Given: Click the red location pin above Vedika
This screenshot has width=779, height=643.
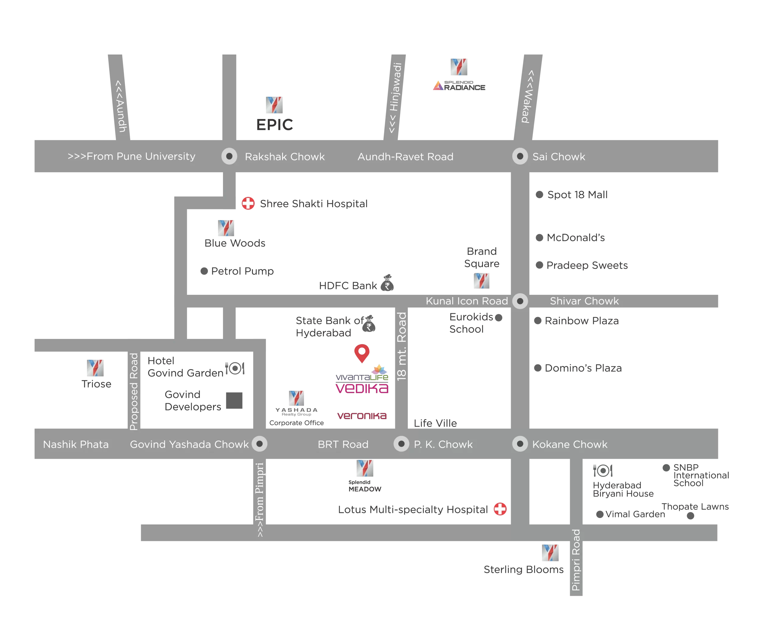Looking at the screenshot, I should click(362, 353).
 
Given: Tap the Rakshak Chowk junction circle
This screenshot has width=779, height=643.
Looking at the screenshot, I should click(229, 156).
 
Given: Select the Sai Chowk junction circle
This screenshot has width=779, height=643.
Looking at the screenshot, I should click(520, 156).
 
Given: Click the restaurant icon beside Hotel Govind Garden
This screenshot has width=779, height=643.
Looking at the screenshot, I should click(235, 368).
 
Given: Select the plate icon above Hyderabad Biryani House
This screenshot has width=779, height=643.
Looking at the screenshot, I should click(603, 470).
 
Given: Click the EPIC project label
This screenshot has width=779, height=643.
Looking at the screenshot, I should click(274, 125).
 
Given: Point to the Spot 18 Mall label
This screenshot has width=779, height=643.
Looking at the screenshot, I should click(577, 195).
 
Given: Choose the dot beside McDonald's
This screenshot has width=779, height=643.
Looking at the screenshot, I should click(539, 237).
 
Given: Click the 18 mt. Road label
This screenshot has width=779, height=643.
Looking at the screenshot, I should click(402, 346).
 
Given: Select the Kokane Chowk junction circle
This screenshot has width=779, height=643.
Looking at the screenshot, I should click(520, 444).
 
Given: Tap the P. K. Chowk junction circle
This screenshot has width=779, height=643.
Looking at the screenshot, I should click(401, 444).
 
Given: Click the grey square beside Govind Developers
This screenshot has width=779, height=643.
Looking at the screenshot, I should click(234, 400).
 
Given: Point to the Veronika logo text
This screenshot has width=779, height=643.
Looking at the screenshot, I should click(362, 416).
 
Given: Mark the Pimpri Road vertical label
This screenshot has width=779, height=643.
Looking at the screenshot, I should click(576, 560).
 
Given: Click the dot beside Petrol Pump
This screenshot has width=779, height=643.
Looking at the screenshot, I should click(204, 271).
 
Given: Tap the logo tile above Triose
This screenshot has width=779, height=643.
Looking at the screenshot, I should click(95, 368).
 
